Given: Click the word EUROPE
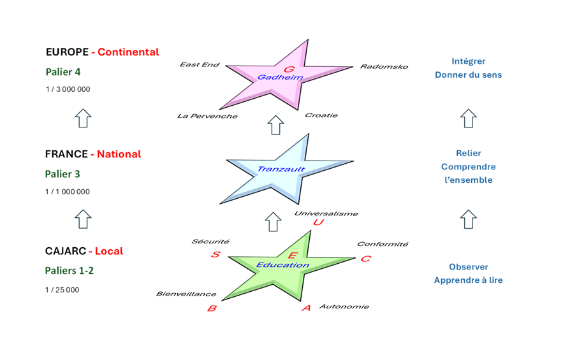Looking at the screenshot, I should click(x=67, y=52).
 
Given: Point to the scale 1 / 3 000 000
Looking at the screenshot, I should click(x=68, y=89).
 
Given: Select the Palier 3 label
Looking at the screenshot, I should click(x=62, y=174).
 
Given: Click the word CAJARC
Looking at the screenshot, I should click(x=65, y=251).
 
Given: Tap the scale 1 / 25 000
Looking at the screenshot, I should click(x=62, y=290).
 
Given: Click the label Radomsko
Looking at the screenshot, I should click(x=384, y=66).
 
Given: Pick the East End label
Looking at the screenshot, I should click(x=200, y=64).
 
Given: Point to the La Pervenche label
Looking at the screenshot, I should click(x=207, y=116).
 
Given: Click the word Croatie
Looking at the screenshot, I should click(x=321, y=115).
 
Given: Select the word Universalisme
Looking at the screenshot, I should click(x=326, y=214).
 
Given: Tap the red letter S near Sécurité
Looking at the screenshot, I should click(x=216, y=255).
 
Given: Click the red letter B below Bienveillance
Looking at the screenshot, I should click(x=212, y=308).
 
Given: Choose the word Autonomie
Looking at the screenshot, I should click(x=344, y=306).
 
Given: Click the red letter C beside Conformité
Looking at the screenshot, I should click(x=365, y=259).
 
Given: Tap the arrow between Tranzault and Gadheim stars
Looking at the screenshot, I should click(x=275, y=125).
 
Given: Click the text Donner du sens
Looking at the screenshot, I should click(x=468, y=75).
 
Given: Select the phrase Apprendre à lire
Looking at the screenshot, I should click(x=468, y=280).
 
